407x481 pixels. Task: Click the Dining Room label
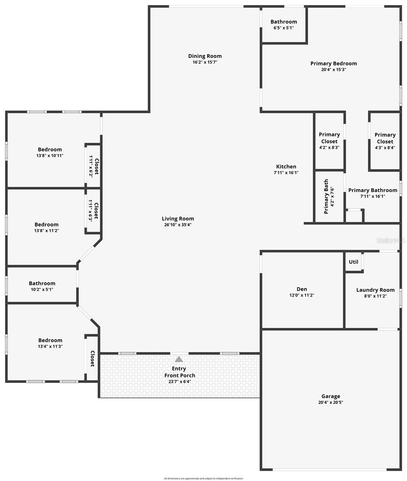click(x=205, y=56)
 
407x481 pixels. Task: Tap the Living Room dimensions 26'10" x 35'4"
click(x=177, y=225)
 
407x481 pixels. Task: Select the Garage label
click(x=330, y=396)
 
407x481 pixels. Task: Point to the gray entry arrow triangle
click(x=179, y=359)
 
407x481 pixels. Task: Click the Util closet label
click(x=353, y=262)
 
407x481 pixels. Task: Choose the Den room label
click(x=302, y=289)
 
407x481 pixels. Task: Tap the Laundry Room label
click(x=375, y=290)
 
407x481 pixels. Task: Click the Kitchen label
click(x=286, y=167)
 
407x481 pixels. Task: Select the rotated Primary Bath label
click(x=326, y=196)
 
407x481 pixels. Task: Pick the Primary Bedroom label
click(x=333, y=63)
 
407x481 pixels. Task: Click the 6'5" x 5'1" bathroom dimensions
click(x=284, y=28)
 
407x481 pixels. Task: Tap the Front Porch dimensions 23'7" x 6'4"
click(x=179, y=382)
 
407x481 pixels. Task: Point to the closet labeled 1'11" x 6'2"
click(x=93, y=166)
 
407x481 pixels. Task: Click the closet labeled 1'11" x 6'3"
click(x=93, y=211)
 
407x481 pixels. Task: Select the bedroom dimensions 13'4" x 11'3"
click(x=50, y=346)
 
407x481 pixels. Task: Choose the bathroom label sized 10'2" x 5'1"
click(x=42, y=283)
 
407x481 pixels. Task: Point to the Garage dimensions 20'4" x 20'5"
click(x=330, y=402)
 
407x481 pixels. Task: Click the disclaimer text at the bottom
click(x=203, y=478)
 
